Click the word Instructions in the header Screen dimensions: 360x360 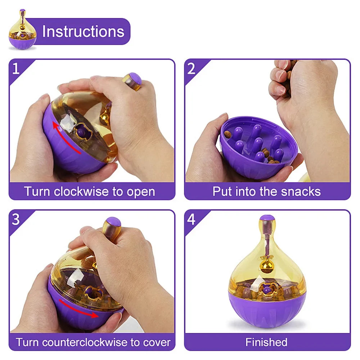click(x=83, y=32)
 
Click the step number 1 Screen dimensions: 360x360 click(x=16, y=68)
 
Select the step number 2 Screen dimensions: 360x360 click(x=192, y=68)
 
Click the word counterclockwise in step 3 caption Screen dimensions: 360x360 click(x=88, y=342)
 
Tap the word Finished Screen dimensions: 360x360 click(x=266, y=342)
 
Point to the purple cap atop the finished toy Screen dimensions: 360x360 click(x=267, y=218)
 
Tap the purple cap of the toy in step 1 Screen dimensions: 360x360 click(x=135, y=78)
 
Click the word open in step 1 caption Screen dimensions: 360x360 click(x=141, y=192)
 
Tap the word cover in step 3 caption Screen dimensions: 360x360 click(x=154, y=342)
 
